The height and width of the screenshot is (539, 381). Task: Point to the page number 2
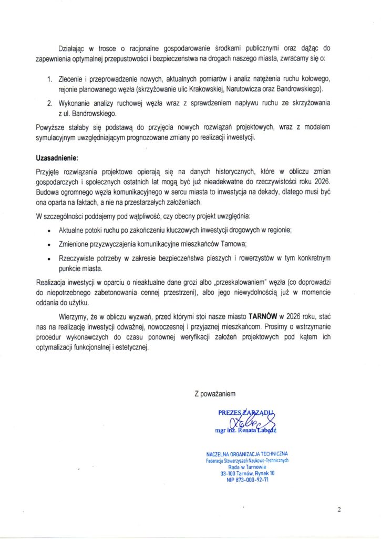click(339, 509)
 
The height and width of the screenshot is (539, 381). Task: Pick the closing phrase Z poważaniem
click(215, 393)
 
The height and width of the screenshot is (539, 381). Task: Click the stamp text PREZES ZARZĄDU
click(246, 413)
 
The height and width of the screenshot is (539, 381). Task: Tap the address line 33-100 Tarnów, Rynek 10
click(246, 473)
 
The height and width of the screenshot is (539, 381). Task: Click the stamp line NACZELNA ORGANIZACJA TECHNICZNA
click(246, 454)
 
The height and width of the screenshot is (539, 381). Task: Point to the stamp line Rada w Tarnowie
click(247, 467)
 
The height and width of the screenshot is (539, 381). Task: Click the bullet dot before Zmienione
click(49, 245)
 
